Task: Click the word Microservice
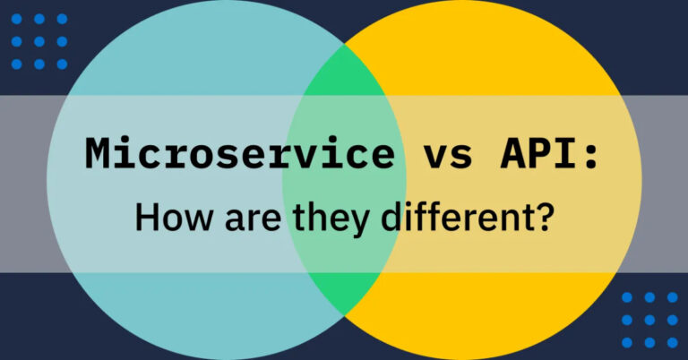pos(239,153)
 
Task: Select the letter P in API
pos(543,153)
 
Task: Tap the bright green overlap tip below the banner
pos(344,291)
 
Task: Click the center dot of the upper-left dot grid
pos(39,41)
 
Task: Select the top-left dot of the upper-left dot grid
pos(16,19)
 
